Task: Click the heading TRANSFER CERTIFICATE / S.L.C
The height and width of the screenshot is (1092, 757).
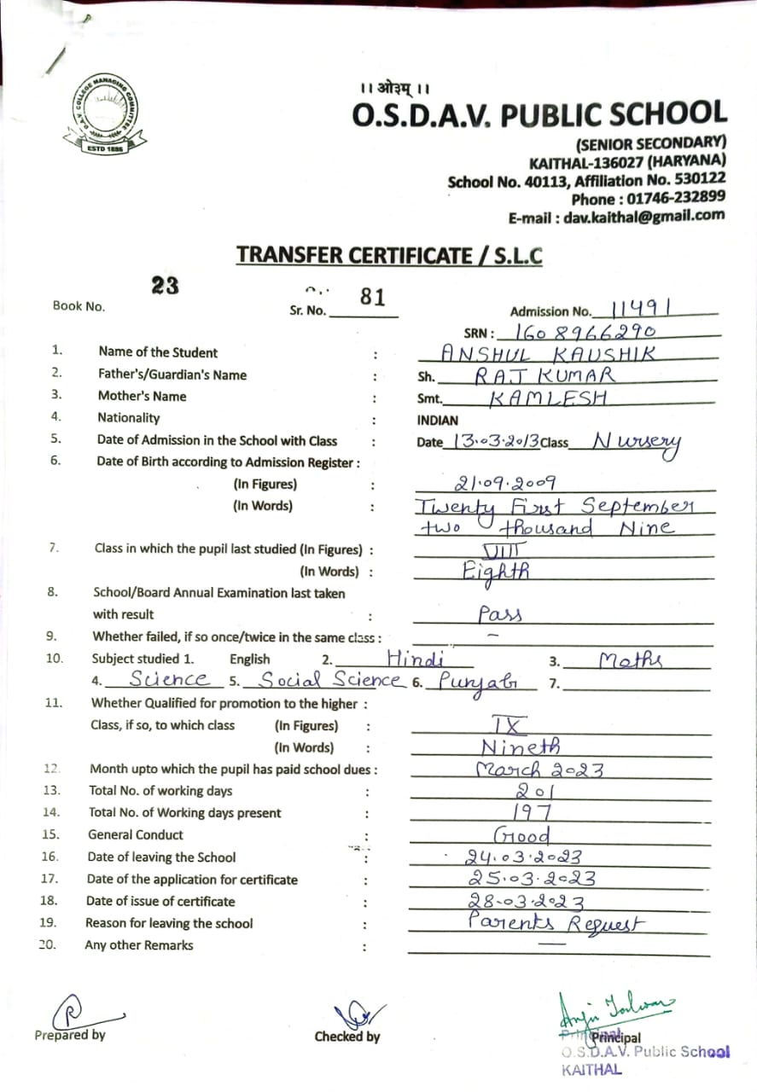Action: click(389, 255)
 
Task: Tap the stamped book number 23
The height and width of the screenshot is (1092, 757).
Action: click(165, 286)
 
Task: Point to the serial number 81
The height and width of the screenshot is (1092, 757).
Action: click(373, 297)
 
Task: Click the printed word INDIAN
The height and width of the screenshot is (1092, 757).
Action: click(438, 420)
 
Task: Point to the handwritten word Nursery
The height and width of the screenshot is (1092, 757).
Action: click(637, 442)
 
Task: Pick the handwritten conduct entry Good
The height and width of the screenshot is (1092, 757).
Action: click(521, 834)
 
